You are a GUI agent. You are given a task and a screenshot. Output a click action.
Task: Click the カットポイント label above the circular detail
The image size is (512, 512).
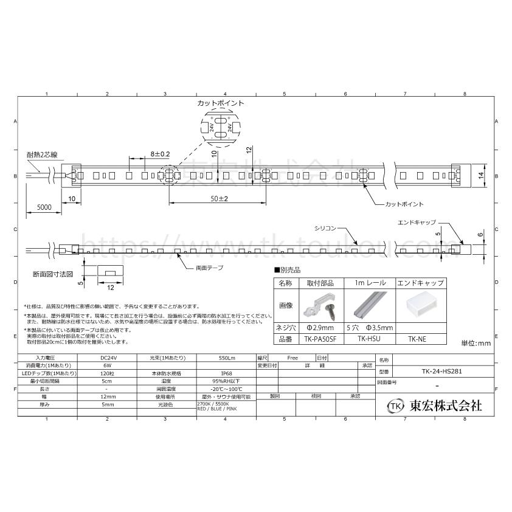pos(220,104)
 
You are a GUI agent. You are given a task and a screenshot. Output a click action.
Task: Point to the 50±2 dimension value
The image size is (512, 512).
pos(210,199)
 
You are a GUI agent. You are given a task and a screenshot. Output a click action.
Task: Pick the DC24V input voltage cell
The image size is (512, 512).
pos(107,358)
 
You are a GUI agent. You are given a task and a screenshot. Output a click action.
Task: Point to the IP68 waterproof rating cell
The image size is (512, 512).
pos(225,373)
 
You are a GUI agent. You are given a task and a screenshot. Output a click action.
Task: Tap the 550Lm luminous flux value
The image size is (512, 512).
pos(225,358)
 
